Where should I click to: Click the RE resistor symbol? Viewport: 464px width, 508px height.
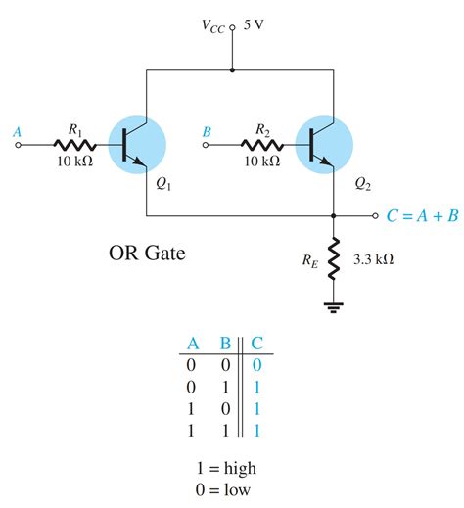click(334, 258)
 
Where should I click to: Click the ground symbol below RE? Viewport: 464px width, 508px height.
click(334, 306)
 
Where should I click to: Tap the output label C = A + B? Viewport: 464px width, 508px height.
click(421, 216)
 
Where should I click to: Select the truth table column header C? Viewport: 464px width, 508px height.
click(256, 344)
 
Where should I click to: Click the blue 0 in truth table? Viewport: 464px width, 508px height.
click(256, 364)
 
